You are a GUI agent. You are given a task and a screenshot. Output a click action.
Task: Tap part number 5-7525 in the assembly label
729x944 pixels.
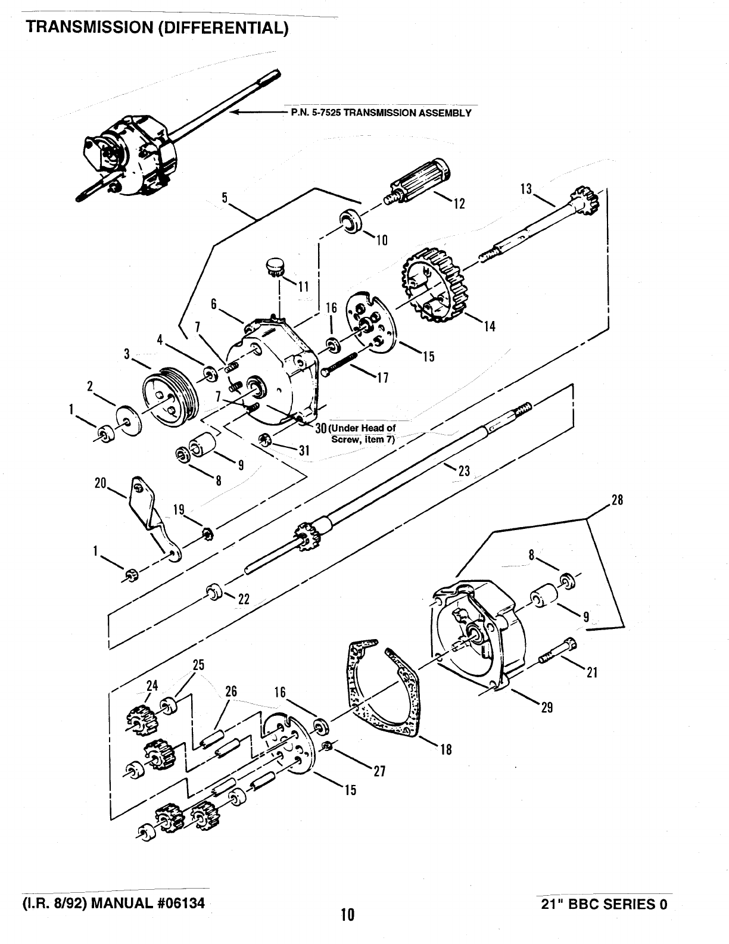click(326, 113)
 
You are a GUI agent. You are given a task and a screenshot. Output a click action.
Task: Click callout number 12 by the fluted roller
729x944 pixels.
click(460, 203)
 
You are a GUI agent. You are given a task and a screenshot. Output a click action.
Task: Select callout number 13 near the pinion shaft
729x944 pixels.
click(526, 189)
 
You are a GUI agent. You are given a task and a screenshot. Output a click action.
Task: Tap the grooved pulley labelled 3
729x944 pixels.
click(171, 397)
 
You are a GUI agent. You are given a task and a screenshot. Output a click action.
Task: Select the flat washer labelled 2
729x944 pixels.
click(129, 420)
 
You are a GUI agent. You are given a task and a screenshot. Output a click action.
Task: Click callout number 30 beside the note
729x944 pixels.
click(320, 428)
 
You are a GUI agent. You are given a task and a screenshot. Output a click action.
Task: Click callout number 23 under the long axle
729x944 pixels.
click(464, 471)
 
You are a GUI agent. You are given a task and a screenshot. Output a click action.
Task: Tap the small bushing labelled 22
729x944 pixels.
click(214, 591)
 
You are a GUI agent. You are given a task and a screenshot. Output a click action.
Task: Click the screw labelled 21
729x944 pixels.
click(556, 650)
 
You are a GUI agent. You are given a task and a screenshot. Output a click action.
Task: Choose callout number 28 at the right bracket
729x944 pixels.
click(617, 500)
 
